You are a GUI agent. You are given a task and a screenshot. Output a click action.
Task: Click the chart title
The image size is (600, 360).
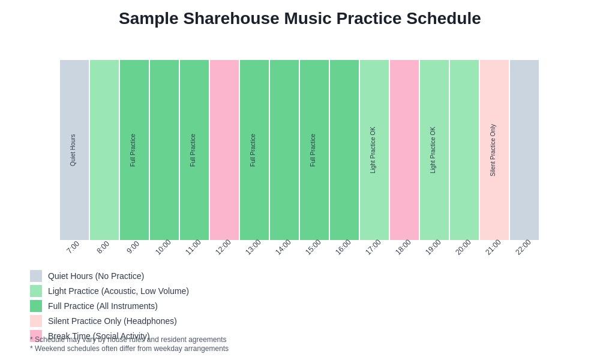[x=299, y=19]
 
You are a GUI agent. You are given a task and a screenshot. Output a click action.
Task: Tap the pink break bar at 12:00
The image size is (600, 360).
[x=224, y=150]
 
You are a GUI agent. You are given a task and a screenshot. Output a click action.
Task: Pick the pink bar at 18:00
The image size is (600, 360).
[x=404, y=150]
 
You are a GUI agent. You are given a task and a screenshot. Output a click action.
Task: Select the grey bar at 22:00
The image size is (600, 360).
[x=524, y=150]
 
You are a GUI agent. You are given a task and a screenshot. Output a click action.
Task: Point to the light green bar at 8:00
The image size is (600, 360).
[x=104, y=150]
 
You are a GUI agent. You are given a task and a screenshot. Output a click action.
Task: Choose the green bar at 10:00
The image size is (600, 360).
[x=164, y=150]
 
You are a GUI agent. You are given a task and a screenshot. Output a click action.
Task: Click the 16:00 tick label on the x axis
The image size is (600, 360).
[x=343, y=247]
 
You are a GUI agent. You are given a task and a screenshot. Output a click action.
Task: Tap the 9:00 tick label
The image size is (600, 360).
[x=133, y=247]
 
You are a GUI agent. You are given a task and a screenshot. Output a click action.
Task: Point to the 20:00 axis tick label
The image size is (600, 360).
[x=463, y=247]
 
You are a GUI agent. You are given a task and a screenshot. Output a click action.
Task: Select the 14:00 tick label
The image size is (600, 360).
[x=283, y=247]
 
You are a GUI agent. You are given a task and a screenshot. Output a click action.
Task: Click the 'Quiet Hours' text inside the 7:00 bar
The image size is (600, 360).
[x=73, y=150]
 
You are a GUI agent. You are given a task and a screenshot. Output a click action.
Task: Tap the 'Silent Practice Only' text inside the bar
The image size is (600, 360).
[x=493, y=150]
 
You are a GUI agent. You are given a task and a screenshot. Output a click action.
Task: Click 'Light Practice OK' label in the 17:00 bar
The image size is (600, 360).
[x=373, y=150]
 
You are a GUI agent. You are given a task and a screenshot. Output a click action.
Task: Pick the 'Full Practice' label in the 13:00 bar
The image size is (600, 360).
[x=253, y=150]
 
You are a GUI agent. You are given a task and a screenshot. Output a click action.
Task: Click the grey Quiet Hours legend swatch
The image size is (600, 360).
[x=36, y=276]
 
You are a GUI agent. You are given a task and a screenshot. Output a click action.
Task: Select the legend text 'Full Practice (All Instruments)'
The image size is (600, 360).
[x=103, y=306]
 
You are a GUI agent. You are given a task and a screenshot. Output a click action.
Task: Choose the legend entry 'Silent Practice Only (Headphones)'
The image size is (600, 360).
[x=112, y=321]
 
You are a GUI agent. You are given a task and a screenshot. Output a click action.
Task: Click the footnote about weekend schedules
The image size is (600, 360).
[x=129, y=349]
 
